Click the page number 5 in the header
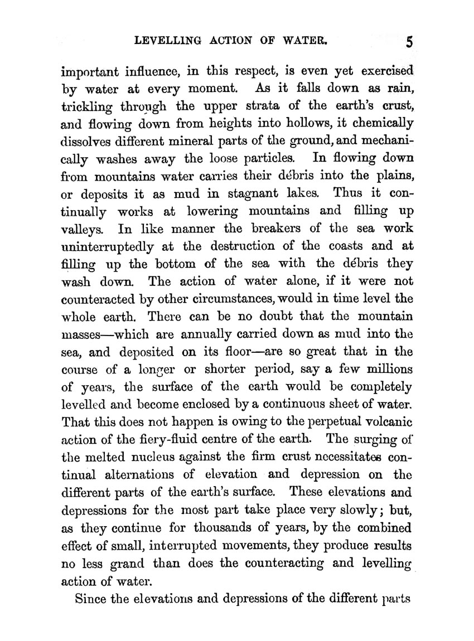click(409, 43)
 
